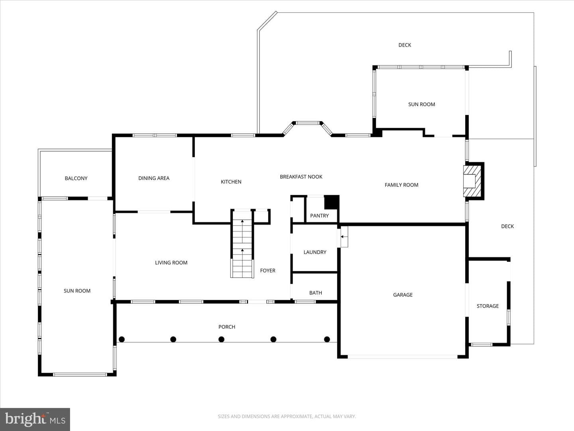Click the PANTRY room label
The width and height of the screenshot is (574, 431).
click(319, 215)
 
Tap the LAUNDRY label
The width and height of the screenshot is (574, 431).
click(315, 252)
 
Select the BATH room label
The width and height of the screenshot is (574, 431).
click(316, 293)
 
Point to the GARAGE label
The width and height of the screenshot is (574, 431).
click(403, 295)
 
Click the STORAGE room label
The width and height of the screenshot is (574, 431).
click(488, 306)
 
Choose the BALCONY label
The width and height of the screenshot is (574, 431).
click(76, 178)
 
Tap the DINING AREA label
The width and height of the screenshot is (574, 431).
click(154, 178)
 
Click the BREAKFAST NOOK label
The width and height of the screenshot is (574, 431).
click(301, 177)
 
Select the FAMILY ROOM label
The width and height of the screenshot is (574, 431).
click(401, 185)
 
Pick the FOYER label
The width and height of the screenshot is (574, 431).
click(267, 270)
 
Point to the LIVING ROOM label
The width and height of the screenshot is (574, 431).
click(171, 263)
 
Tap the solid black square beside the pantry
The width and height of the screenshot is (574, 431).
click(332, 202)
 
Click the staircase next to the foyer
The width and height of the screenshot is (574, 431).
click(242, 243)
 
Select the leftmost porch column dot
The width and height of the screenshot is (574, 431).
click(122, 339)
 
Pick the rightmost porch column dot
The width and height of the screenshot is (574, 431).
click(327, 339)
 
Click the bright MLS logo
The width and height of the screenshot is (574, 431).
click(35, 419)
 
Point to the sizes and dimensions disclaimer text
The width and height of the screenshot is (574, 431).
click(287, 416)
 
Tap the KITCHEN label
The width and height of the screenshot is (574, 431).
click(231, 182)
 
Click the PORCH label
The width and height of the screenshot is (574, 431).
click(227, 326)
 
